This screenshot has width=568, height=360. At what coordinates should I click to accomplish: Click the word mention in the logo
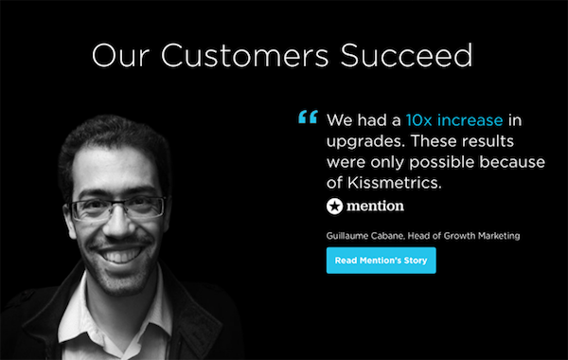click(373, 206)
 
